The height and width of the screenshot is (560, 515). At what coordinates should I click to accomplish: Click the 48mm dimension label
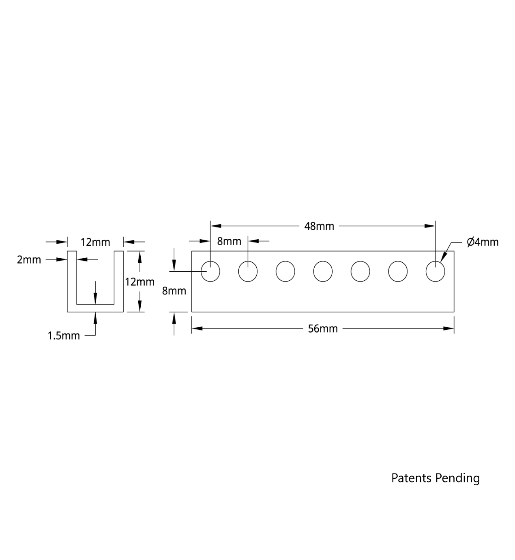coord(319,226)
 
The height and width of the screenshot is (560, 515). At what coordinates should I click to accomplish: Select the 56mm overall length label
coord(323,329)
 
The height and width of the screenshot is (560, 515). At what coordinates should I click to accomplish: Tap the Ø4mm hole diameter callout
coord(483,242)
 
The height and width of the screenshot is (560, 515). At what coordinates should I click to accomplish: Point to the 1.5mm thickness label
coord(64,336)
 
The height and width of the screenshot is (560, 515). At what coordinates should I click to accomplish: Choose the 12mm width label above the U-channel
coord(95,242)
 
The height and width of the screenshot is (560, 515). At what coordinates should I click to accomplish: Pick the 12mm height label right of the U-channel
coord(139,282)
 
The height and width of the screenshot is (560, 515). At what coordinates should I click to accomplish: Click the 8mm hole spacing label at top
coord(229,242)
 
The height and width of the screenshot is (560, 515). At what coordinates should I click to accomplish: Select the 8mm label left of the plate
coord(174,291)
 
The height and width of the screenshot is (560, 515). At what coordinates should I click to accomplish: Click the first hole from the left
coord(210,271)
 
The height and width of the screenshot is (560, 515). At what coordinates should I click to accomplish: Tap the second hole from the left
coord(248,271)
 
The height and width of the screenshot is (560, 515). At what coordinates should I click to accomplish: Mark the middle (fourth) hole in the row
coord(323,271)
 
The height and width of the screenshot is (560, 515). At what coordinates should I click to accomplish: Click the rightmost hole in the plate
coord(435,271)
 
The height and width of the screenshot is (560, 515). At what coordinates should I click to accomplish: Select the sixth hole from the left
coord(398,271)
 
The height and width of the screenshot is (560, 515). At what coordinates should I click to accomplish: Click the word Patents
coord(411,478)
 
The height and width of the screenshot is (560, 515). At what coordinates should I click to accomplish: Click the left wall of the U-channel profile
coord(72,280)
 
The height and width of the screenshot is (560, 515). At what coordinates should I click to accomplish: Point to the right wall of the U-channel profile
coord(119,280)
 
